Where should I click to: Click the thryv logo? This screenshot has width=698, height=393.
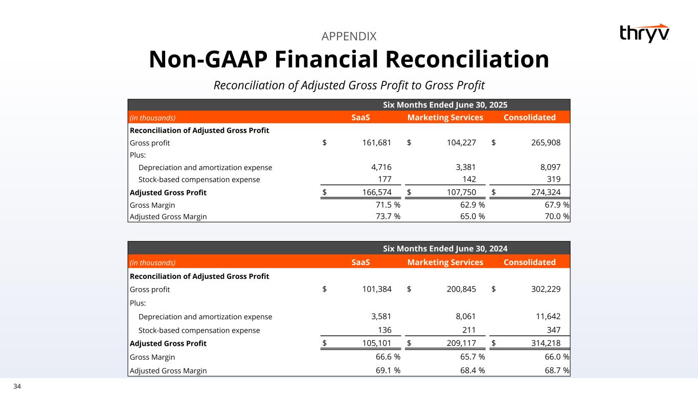pos(644,33)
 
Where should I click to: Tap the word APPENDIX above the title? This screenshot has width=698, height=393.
pos(349,36)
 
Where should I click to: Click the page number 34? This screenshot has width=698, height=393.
pos(17,386)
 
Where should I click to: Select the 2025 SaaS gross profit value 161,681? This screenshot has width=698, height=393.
pos(373,143)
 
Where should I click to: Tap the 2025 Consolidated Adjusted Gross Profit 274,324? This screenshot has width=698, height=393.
pos(542,193)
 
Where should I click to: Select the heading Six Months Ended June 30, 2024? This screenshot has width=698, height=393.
pos(445,249)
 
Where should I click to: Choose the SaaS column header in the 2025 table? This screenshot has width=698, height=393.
pos(361,118)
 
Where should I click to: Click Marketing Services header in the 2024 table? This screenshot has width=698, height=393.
pos(445,263)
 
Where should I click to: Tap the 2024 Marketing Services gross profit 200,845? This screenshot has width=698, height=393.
pos(458,289)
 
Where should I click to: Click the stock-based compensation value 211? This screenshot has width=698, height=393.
pos(469,330)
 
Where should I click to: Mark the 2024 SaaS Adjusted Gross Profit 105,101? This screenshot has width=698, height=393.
pos(373,343)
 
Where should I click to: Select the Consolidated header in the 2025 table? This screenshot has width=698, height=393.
pos(529,118)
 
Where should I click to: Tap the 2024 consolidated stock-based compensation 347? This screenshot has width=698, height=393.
pos(553,330)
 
